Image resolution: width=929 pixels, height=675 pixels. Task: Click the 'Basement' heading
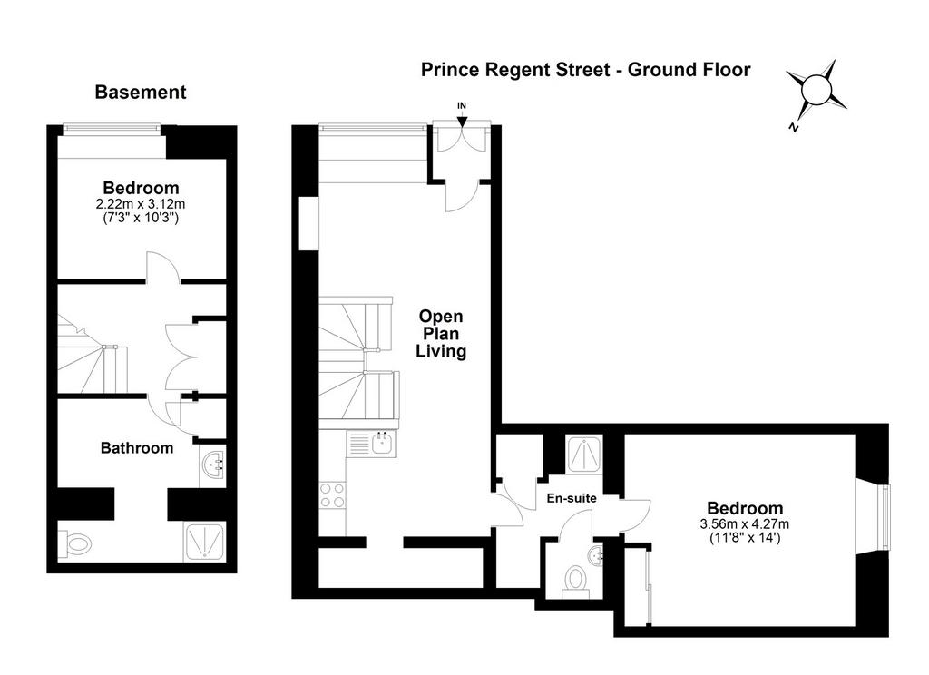pyautogui.click(x=141, y=92)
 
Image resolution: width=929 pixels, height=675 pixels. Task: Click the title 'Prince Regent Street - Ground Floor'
pyautogui.click(x=585, y=70)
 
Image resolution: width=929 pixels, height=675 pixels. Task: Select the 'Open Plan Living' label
pyautogui.click(x=441, y=334)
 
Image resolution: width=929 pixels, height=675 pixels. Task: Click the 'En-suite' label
pyautogui.click(x=572, y=498)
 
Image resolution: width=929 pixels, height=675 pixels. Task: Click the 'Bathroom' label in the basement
pyautogui.click(x=137, y=448)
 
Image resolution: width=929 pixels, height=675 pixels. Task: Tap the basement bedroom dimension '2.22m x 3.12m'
pyautogui.click(x=141, y=204)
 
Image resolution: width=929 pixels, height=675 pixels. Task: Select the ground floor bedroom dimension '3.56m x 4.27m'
pyautogui.click(x=745, y=523)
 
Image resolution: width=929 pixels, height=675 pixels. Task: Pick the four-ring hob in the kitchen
pyautogui.click(x=332, y=495)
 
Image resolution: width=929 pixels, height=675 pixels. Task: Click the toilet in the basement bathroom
pyautogui.click(x=75, y=541)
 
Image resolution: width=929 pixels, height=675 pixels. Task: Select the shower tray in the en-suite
pyautogui.click(x=584, y=454)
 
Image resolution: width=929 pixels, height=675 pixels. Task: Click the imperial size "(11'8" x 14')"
pyautogui.click(x=745, y=538)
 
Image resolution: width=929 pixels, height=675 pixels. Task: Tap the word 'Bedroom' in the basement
pyautogui.click(x=141, y=188)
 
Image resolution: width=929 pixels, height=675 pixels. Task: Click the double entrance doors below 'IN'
pyautogui.click(x=462, y=140)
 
